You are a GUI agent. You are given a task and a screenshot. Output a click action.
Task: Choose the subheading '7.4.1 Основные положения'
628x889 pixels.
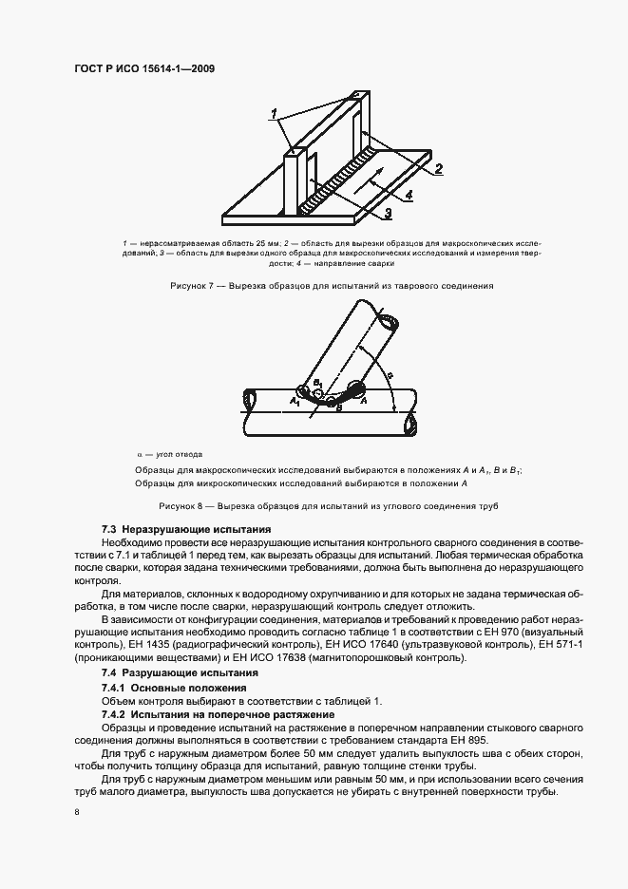pos(174,687)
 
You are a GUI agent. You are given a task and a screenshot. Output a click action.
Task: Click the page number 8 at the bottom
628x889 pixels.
pos(76,811)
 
